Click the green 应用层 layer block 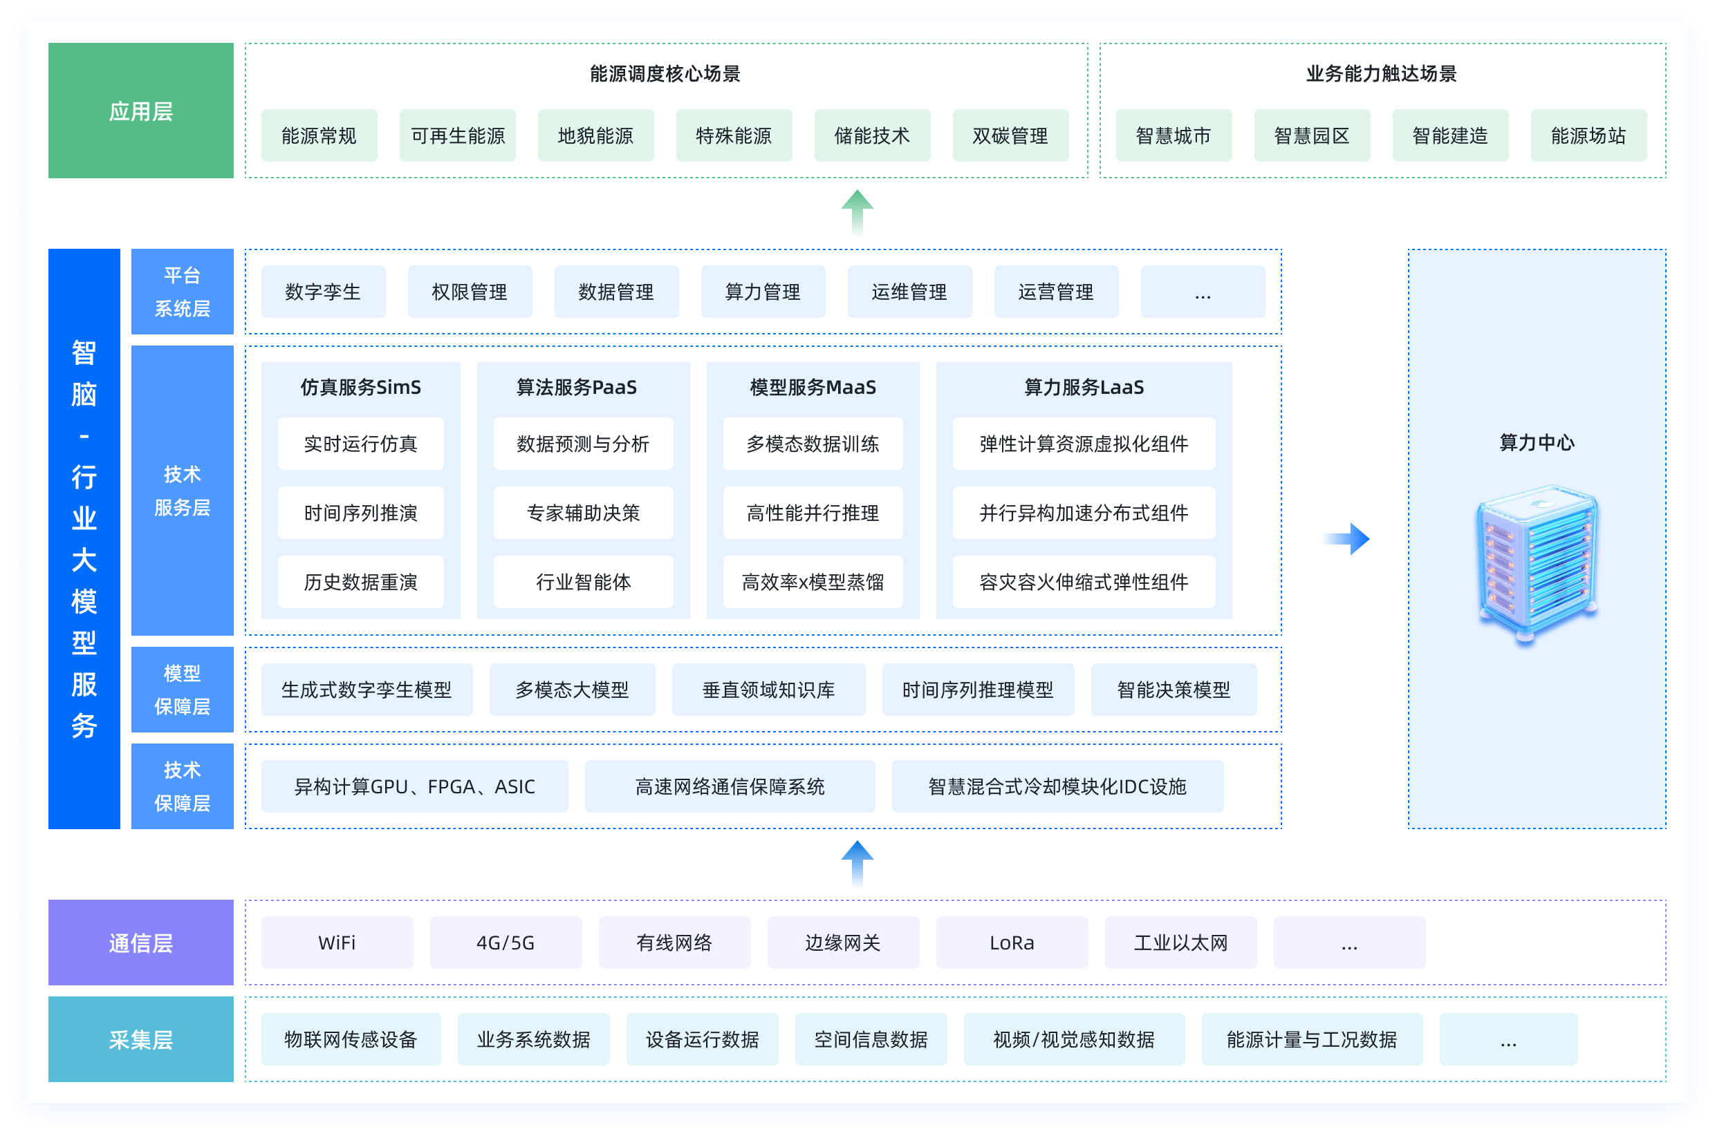(140, 111)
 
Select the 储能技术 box (872, 135)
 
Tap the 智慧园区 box (1311, 135)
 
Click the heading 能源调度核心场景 (665, 74)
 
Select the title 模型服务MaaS (813, 388)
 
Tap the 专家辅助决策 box (583, 513)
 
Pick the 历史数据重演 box (360, 582)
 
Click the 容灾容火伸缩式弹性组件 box (1083, 582)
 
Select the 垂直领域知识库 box (768, 690)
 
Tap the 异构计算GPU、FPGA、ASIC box (414, 787)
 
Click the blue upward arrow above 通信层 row (857, 862)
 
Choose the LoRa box (1011, 943)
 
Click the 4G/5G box (506, 943)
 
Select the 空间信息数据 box (871, 1040)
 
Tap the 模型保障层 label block (182, 690)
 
